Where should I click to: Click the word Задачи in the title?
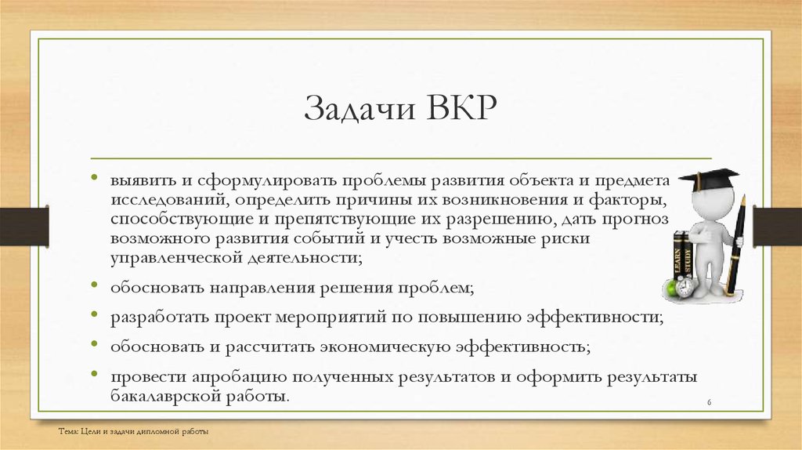pos(359,108)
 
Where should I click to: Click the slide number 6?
pos(709,402)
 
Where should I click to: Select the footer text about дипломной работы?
pos(133,431)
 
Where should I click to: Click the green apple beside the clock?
pos(670,289)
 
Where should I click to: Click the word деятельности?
pos(305,257)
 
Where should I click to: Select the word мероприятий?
pos(331,318)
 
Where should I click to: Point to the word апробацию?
pos(239,377)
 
